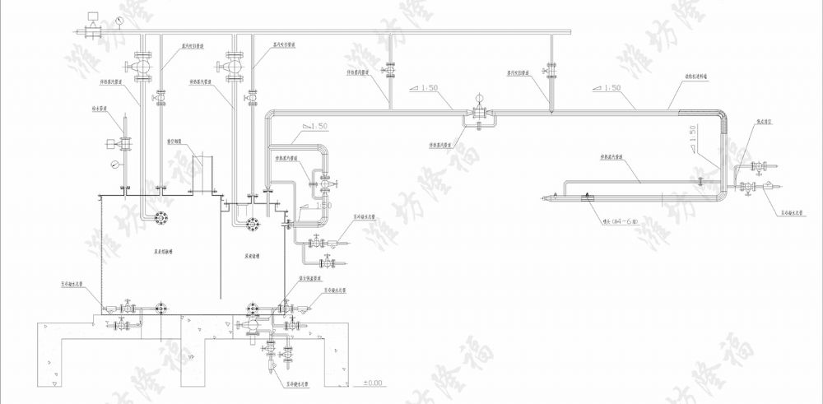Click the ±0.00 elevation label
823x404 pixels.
[373, 383]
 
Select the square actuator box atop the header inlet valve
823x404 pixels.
[92, 15]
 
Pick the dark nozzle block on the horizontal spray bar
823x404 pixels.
[588, 197]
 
